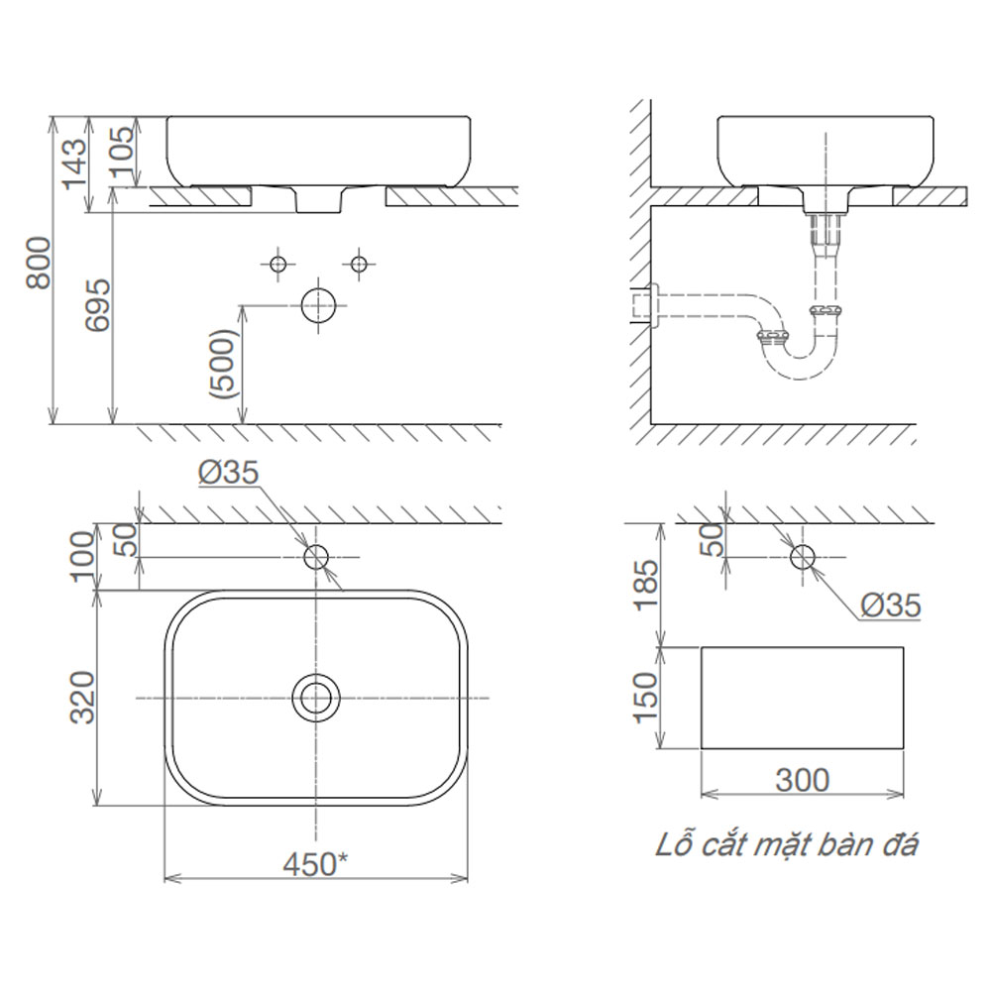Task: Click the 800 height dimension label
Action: (x=40, y=263)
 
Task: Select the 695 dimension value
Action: (x=98, y=305)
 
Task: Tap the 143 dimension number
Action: (x=73, y=164)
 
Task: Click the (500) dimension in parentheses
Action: (x=224, y=364)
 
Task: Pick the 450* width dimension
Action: (x=315, y=863)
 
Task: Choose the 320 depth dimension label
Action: (x=82, y=697)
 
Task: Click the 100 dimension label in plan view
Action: (x=82, y=556)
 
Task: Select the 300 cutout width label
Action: (x=802, y=780)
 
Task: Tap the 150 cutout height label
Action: (x=645, y=698)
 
